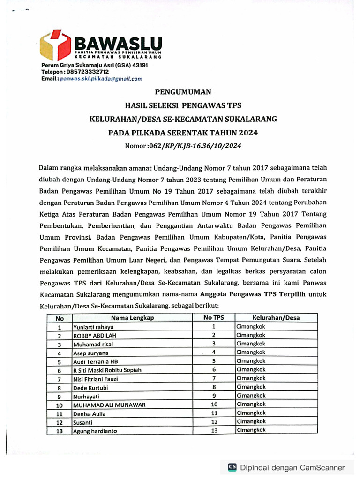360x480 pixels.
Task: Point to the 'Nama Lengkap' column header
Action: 132,318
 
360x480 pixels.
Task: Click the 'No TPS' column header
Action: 213,317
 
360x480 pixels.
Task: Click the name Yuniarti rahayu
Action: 93,327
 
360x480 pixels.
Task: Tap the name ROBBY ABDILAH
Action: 94,336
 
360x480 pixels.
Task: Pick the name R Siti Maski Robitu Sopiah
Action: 107,370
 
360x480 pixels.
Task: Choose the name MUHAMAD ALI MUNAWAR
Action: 109,405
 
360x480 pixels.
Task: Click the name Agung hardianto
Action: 95,431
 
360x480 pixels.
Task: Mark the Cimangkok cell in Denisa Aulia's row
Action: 251,413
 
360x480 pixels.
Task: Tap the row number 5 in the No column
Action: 60,361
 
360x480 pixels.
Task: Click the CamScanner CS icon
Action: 232,467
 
